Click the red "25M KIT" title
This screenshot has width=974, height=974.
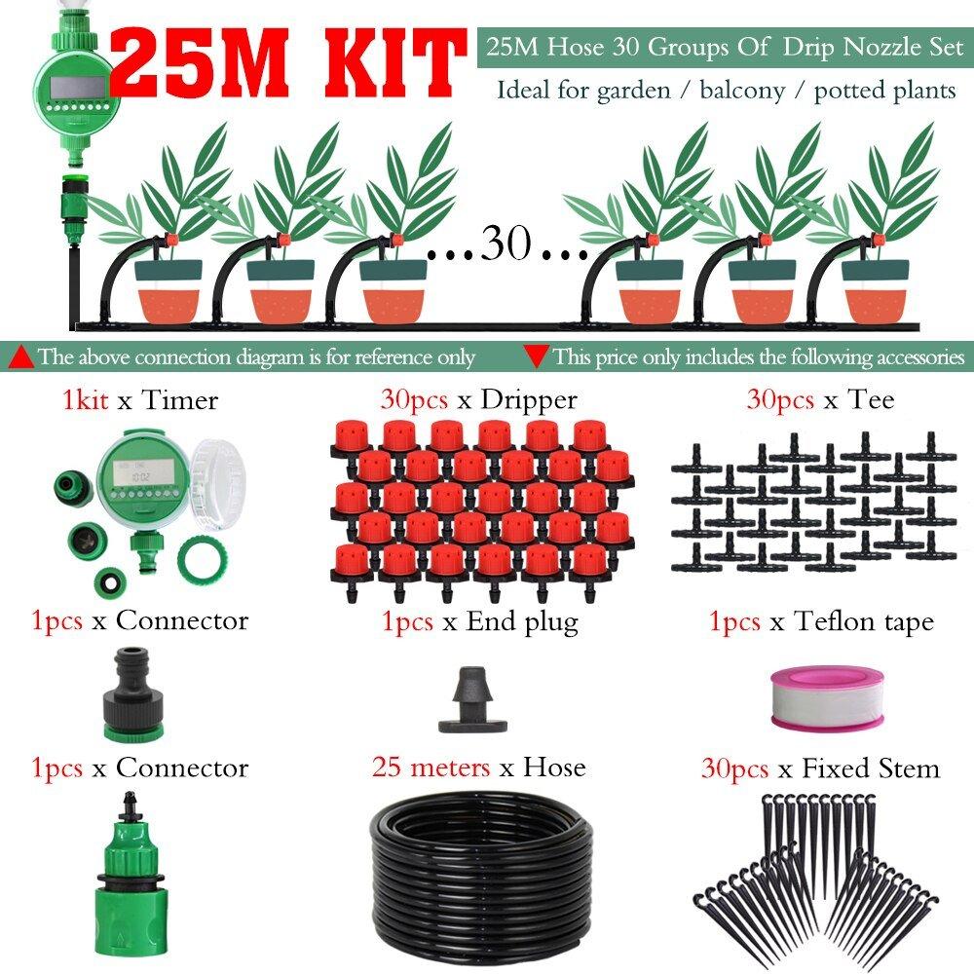pyautogui.click(x=287, y=62)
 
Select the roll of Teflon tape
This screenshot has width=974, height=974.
pyautogui.click(x=827, y=698)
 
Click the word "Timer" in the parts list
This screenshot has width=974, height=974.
pyautogui.click(x=179, y=400)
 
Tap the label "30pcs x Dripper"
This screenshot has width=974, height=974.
pyautogui.click(x=479, y=399)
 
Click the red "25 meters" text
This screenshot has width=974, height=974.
pyautogui.click(x=431, y=768)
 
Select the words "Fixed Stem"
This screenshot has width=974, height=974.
pyautogui.click(x=870, y=769)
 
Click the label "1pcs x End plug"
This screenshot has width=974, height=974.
pyautogui.click(x=479, y=622)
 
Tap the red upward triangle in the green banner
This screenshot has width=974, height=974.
pyautogui.click(x=23, y=357)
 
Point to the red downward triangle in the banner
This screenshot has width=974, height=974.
pyautogui.click(x=536, y=356)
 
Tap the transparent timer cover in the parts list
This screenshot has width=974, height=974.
pyautogui.click(x=217, y=475)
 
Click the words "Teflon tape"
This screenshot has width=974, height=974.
pyautogui.click(x=864, y=622)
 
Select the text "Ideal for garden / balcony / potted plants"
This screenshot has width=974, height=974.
pyautogui.click(x=726, y=91)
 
